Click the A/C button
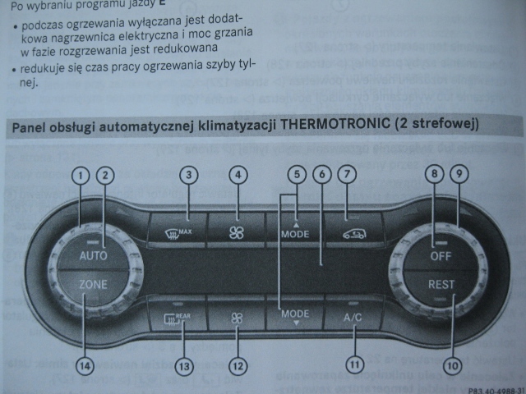(x=353, y=316)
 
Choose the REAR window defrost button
(x=177, y=316)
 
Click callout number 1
(x=80, y=174)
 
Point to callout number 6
(x=321, y=174)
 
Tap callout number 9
(x=459, y=174)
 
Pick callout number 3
(x=189, y=174)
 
